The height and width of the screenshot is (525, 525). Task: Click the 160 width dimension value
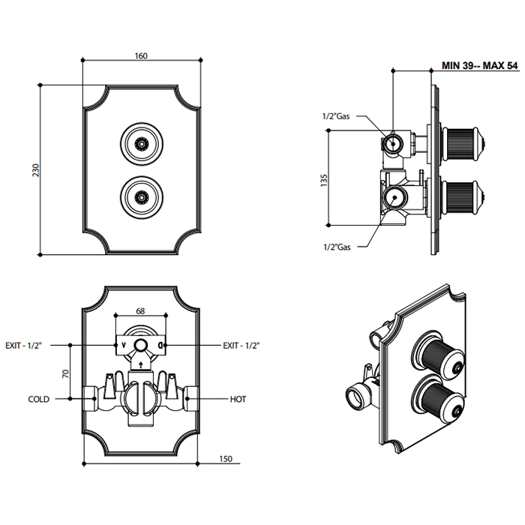click(x=140, y=56)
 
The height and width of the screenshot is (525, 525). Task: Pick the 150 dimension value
click(x=226, y=458)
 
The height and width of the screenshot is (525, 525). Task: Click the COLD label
click(x=39, y=400)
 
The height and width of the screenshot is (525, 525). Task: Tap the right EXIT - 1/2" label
click(x=241, y=345)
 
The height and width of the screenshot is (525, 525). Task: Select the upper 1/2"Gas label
click(x=336, y=116)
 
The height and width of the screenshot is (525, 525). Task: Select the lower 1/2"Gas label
click(x=337, y=246)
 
